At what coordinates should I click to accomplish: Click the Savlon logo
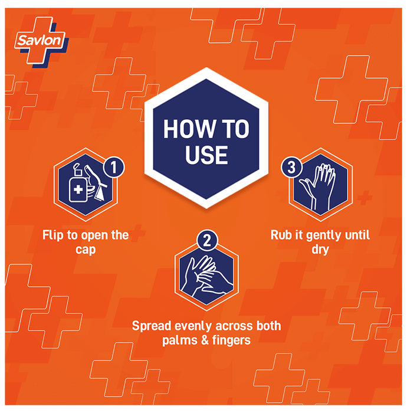tap(41, 42)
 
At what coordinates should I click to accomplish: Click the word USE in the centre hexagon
tap(206, 155)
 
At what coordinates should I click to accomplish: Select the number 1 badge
tap(114, 167)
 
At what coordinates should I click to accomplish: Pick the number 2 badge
tap(207, 240)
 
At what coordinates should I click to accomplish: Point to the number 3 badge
tap(291, 167)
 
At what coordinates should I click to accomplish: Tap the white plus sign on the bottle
tap(78, 189)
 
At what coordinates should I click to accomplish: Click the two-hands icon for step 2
tap(206, 276)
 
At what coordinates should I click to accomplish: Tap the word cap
tap(86, 250)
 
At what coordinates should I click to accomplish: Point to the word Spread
tap(152, 326)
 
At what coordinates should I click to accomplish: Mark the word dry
tap(320, 250)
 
